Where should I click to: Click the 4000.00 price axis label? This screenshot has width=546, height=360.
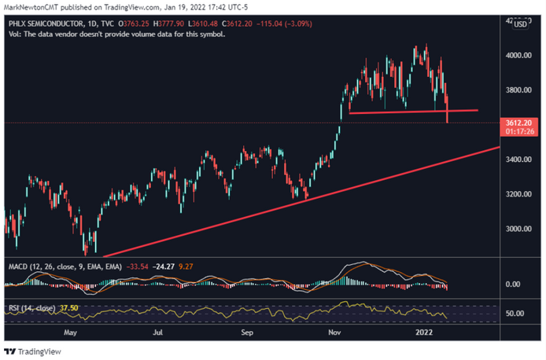point(519,55)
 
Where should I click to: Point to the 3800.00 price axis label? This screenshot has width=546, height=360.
point(519,90)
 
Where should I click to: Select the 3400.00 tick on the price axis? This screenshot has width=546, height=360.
point(519,160)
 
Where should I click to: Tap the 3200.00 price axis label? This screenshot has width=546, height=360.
point(519,194)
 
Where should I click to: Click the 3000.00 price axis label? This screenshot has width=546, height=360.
point(519,229)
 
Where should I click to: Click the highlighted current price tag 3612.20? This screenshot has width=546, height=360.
point(519,123)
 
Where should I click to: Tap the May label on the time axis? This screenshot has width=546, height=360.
point(70,332)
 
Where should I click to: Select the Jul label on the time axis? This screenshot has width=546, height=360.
point(157,332)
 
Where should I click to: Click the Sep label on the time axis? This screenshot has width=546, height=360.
point(246,332)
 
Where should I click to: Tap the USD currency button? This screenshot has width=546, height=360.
point(520,26)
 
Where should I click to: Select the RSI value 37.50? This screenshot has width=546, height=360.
point(68,308)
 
